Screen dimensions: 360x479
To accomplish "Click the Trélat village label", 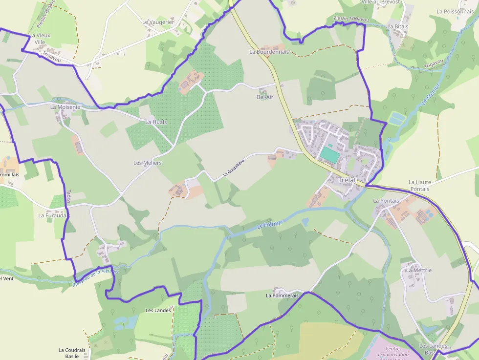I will point(348,180).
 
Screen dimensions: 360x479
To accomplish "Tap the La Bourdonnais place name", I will point(269,51).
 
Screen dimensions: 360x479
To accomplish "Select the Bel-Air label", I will point(265,97).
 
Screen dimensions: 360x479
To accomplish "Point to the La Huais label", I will point(156,122).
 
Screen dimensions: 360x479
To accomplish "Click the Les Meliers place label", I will point(148,163).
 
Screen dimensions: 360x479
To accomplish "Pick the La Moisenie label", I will point(65,106).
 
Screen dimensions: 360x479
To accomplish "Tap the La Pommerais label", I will point(282,296).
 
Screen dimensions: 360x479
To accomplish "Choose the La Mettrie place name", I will point(419,270).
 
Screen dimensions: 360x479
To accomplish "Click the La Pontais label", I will point(386,201).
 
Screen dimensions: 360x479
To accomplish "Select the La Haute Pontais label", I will point(419,185).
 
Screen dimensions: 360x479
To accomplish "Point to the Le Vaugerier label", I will point(158,22).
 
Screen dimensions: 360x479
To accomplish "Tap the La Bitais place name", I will point(397,26).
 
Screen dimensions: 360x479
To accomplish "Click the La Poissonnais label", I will point(456,11).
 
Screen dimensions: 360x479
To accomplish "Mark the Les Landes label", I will point(158,310).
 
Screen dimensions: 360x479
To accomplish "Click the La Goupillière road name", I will point(233,167).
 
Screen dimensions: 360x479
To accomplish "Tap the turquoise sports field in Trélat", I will point(330,155).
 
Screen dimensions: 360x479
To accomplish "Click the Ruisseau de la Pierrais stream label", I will point(96,277).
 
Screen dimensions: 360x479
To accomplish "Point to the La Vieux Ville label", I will point(40,39).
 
